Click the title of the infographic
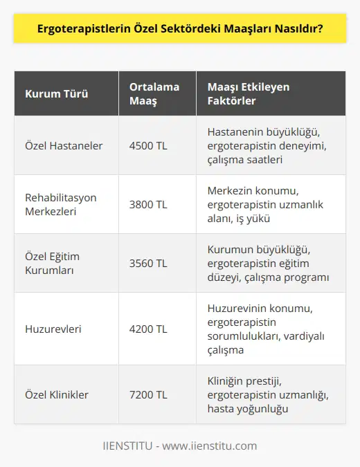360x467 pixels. (x=180, y=32)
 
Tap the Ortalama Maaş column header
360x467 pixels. (x=154, y=94)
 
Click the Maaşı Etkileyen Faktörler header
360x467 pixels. (x=248, y=94)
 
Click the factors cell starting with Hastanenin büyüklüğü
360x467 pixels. (x=267, y=145)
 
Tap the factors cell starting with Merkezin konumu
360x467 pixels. (x=267, y=204)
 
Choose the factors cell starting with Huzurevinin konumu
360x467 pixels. (x=267, y=329)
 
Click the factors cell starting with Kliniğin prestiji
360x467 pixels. (x=267, y=394)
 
